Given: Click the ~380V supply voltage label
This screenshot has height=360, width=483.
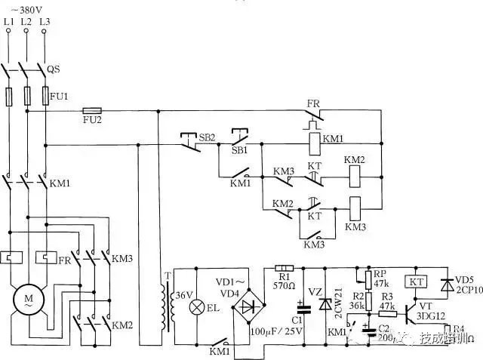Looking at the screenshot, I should [26, 10].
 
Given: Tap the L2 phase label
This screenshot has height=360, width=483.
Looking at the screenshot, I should [26, 23].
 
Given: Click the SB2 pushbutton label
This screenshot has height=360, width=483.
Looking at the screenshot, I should [207, 138].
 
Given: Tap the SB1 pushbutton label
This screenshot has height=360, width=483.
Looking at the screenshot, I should [239, 149].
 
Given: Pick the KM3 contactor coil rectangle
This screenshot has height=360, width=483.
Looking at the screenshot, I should [355, 206].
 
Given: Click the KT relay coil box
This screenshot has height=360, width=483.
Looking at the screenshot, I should [416, 280].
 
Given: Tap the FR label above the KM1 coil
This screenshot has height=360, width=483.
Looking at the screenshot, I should [313, 103].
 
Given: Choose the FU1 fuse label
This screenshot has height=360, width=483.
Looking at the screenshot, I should [59, 97].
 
